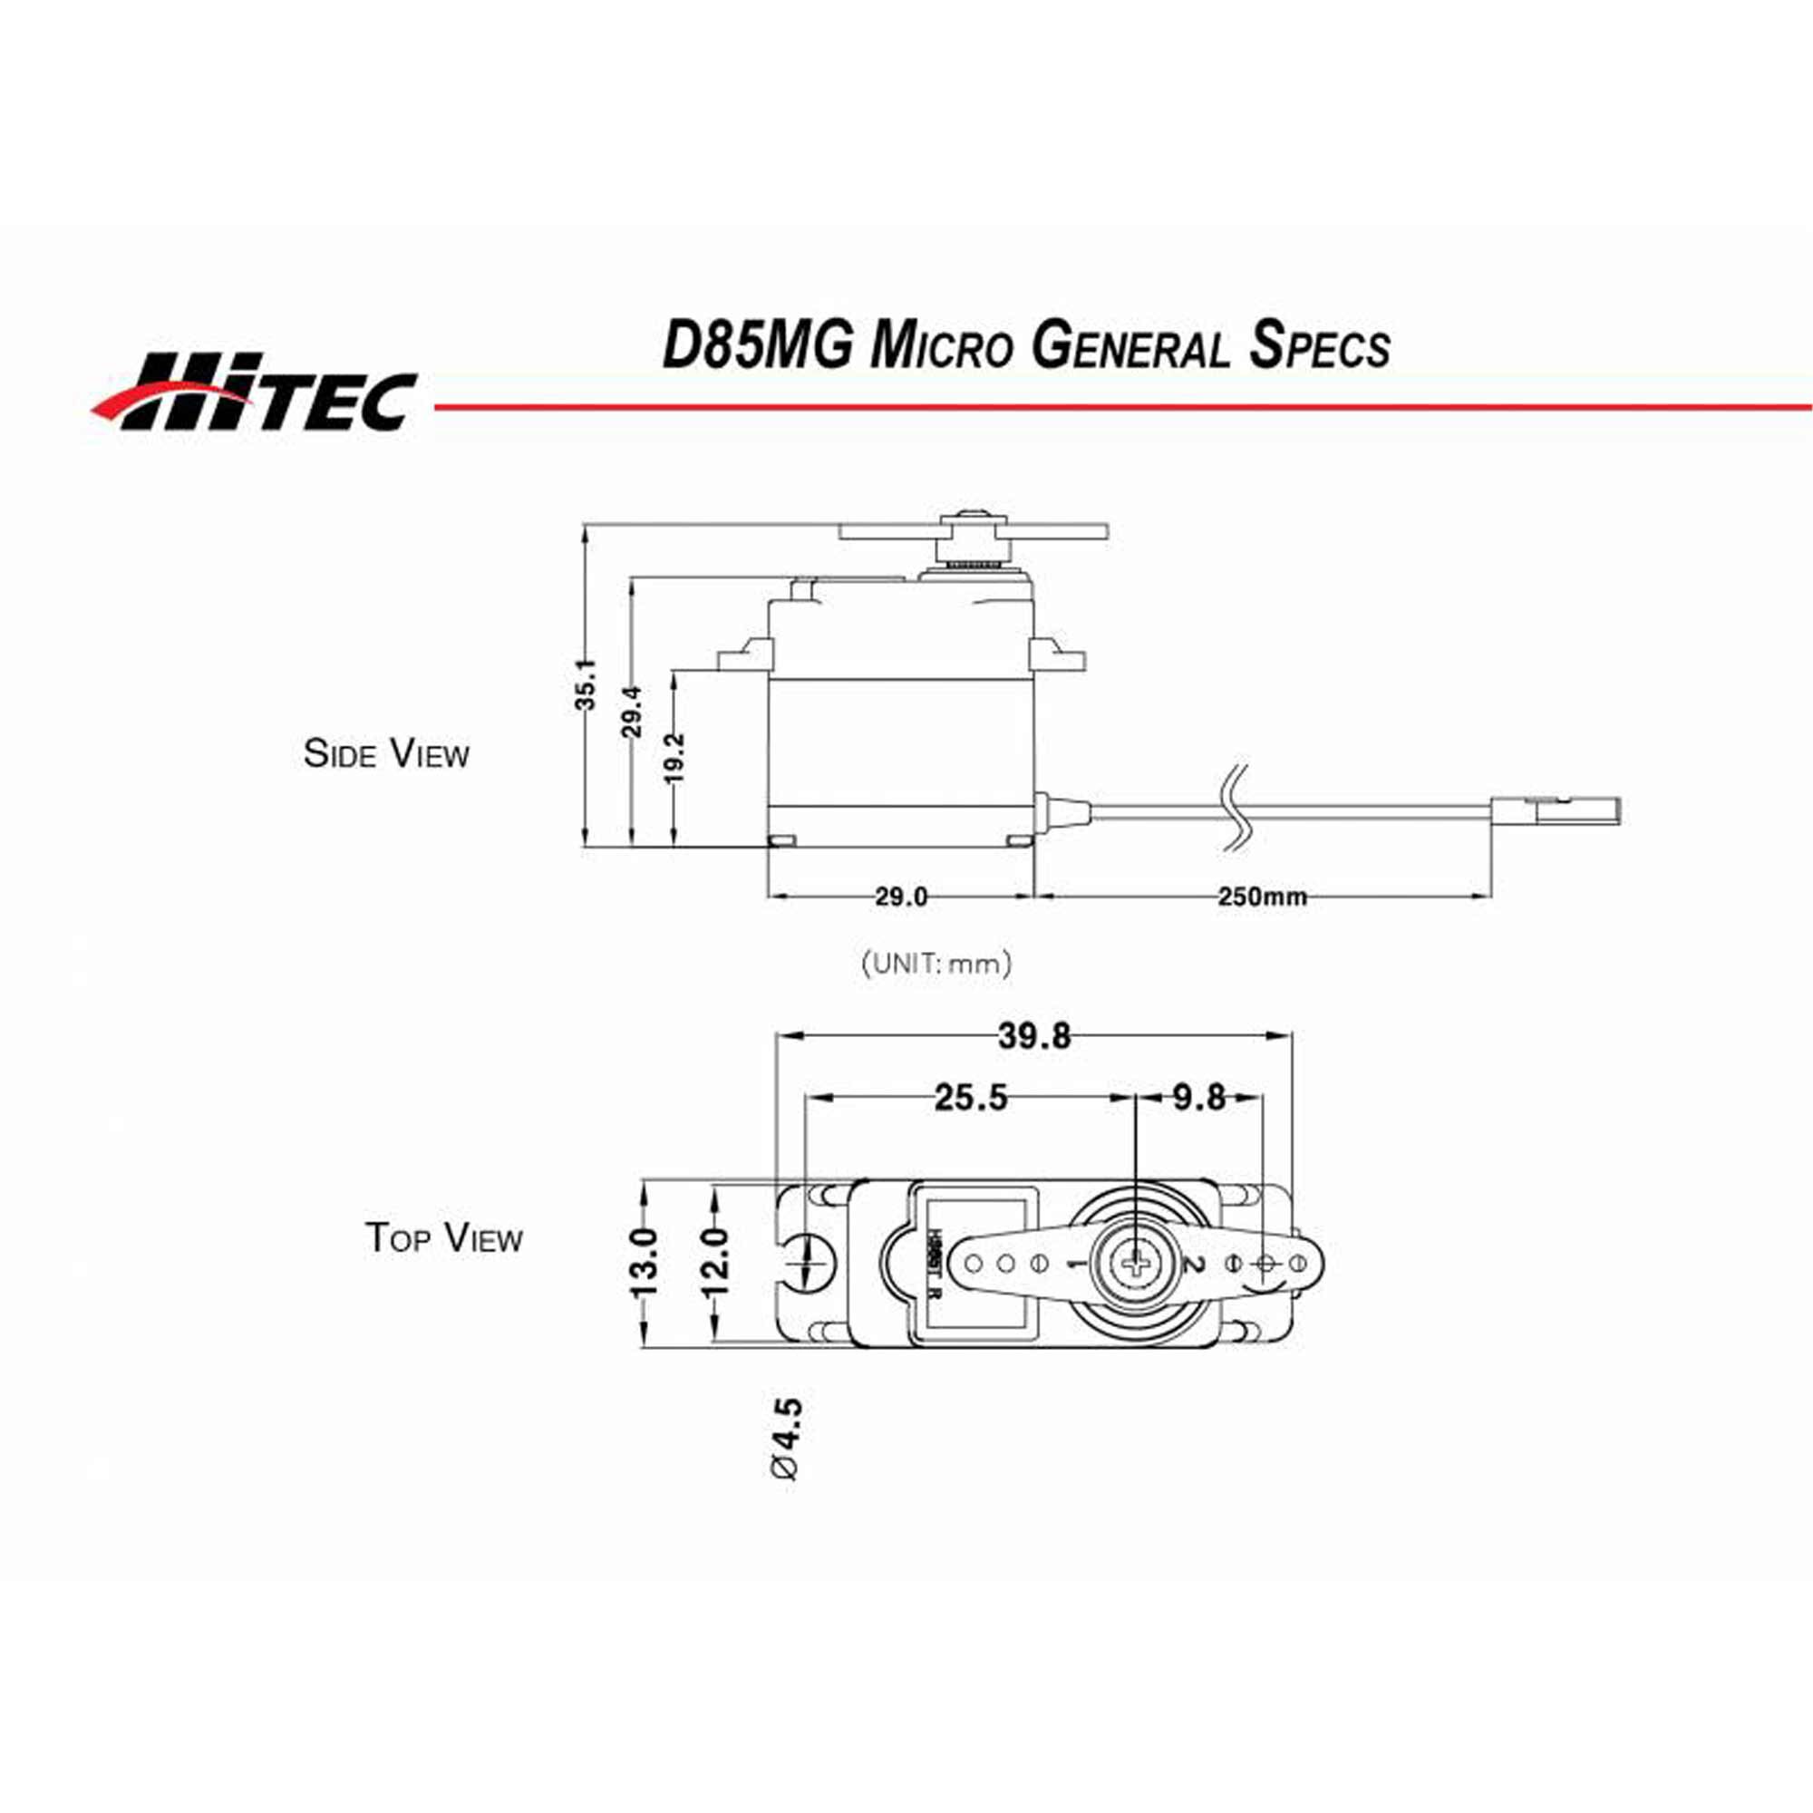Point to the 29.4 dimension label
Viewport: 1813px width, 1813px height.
633,712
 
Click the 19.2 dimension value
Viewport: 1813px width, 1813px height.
675,757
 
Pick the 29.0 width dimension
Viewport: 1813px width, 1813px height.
901,897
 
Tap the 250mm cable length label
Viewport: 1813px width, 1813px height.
1262,897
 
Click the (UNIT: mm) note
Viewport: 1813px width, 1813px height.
936,963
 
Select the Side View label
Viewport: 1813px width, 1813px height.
385,753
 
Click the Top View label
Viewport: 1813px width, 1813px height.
443,1236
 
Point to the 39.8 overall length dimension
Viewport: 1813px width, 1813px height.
1033,1036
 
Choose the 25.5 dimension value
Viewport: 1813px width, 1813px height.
970,1097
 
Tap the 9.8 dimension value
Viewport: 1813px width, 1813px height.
1198,1097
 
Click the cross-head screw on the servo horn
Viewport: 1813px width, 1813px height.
1138,1265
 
